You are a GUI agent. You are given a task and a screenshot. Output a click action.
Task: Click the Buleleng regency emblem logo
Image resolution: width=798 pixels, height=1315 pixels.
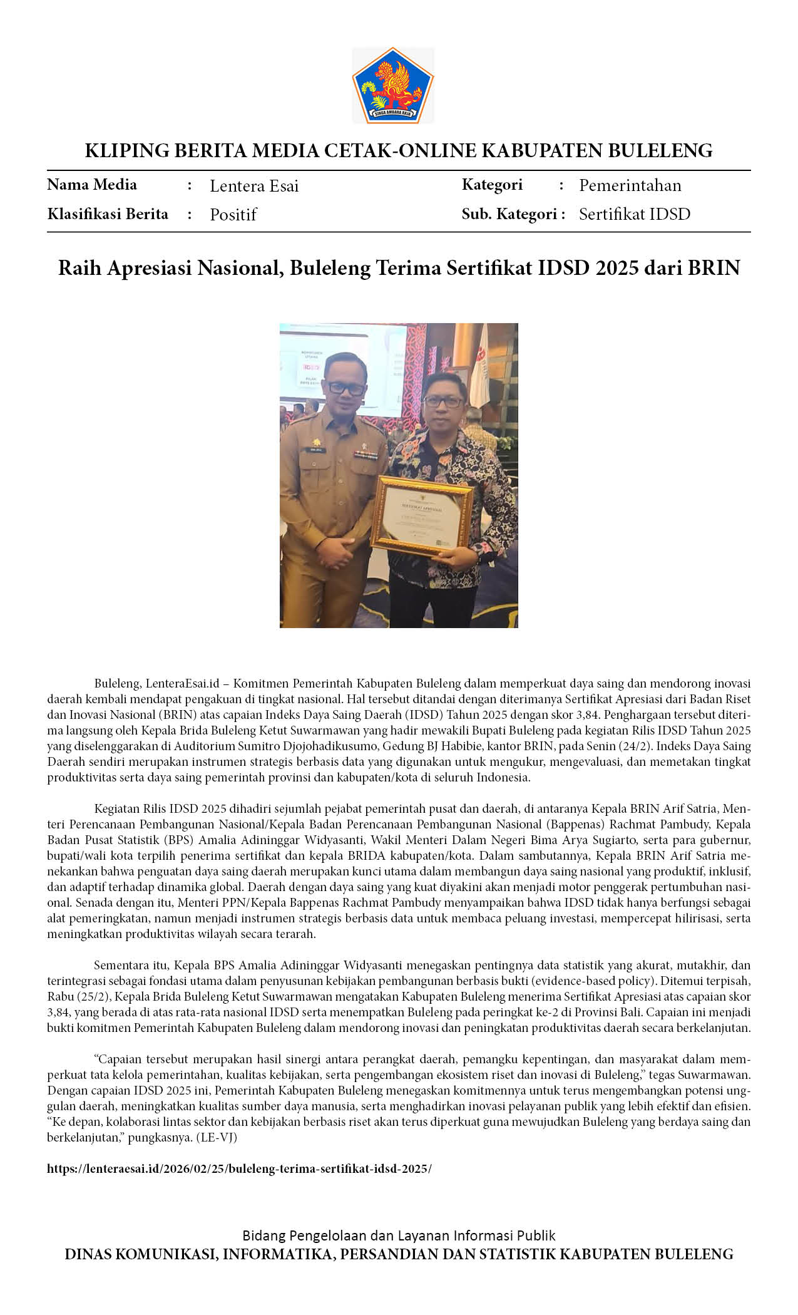tap(393, 85)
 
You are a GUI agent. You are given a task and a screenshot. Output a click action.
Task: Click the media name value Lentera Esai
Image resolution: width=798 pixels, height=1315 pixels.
tap(254, 186)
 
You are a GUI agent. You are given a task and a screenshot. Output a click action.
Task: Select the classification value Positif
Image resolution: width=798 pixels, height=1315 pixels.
tap(233, 215)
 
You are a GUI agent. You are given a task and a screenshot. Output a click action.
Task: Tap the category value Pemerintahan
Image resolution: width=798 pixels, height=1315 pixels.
tap(630, 185)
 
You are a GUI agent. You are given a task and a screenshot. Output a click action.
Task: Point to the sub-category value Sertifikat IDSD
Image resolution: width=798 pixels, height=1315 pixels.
tap(634, 214)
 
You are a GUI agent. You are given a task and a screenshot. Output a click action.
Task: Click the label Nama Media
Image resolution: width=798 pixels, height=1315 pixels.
tap(92, 185)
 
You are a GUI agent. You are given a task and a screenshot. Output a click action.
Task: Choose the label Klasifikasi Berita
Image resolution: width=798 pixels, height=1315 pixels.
tap(108, 214)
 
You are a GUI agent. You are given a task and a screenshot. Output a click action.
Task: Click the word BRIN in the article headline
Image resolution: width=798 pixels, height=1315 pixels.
tap(714, 268)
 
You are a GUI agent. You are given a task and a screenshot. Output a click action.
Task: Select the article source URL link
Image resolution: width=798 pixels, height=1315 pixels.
tap(239, 1169)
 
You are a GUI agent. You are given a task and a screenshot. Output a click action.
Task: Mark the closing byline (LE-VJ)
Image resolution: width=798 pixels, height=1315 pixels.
tap(217, 1138)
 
